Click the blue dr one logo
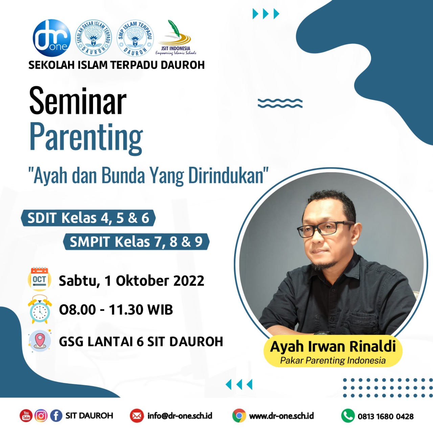point(52,38)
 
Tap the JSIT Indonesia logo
point(176,38)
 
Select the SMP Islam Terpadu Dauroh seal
point(135,38)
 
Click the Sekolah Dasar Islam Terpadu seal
point(93,38)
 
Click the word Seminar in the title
point(78,101)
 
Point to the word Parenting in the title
point(86,139)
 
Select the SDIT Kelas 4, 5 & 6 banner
point(88,218)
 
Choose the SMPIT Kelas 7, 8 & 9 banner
point(136,242)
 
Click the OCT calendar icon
point(40,279)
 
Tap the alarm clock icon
point(40,310)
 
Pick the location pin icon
point(40,341)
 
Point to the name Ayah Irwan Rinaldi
point(333,346)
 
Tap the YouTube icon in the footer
point(26,416)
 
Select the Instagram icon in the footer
point(41,416)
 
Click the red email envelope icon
point(137,416)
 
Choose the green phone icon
point(348,416)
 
